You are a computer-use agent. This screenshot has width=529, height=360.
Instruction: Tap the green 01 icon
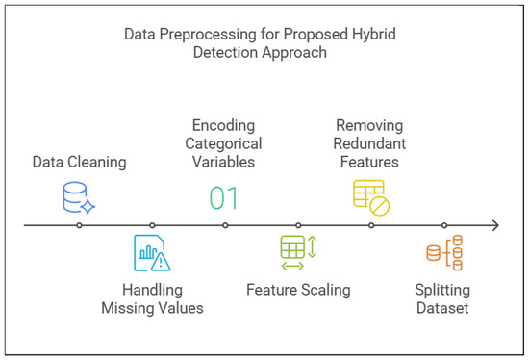(x=224, y=198)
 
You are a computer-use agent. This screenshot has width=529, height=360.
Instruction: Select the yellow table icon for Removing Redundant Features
(x=370, y=197)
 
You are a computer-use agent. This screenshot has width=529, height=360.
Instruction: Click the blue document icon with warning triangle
(x=151, y=253)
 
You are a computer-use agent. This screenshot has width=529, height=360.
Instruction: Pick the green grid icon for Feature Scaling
(x=297, y=252)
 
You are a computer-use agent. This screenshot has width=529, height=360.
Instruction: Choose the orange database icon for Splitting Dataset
(x=443, y=253)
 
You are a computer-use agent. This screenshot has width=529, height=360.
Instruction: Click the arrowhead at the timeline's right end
(x=494, y=226)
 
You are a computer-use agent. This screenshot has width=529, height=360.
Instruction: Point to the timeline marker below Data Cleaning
(x=79, y=226)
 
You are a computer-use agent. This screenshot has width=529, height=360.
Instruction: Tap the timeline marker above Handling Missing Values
(x=152, y=226)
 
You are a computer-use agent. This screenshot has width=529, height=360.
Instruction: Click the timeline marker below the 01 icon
(x=225, y=226)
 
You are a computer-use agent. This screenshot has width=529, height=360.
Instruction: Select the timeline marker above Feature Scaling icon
(x=298, y=226)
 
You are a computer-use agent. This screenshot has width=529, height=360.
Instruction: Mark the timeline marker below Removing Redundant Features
(x=371, y=226)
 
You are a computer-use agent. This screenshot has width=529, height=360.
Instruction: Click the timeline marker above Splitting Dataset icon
(x=444, y=226)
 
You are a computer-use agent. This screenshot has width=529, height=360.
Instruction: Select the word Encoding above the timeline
(x=224, y=125)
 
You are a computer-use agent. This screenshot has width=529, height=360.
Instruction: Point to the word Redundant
(x=370, y=143)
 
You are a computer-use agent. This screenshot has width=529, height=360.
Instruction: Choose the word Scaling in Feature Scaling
(x=324, y=289)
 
